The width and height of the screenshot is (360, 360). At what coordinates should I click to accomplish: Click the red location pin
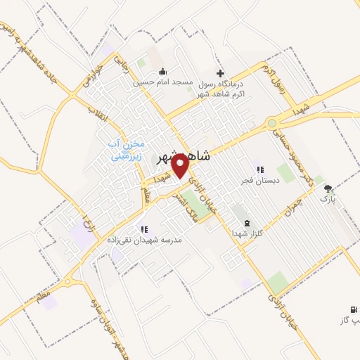click(180, 166)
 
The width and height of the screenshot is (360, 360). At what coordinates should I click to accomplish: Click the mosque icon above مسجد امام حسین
click(163, 72)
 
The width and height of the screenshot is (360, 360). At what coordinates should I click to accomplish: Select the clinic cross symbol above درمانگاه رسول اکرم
click(220, 73)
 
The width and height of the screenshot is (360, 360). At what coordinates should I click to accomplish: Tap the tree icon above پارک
click(328, 188)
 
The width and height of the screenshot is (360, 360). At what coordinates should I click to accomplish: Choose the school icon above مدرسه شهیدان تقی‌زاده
click(143, 229)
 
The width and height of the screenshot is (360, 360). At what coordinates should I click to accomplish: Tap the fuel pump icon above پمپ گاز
click(352, 309)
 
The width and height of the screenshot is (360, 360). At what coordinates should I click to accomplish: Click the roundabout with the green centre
click(271, 124)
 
